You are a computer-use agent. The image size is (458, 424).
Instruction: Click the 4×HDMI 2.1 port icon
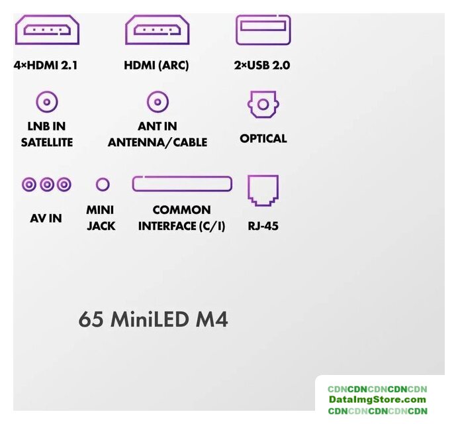coord(46,30)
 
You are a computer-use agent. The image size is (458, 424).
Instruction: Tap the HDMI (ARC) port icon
coord(157,30)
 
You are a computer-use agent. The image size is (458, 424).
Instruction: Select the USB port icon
coord(263,29)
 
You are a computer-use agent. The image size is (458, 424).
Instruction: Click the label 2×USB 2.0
coord(263,66)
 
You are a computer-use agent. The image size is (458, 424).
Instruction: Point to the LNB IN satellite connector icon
coord(46,102)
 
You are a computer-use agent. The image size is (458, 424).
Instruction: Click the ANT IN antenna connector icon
coord(158,102)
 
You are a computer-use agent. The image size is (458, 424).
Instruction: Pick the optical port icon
coord(263,105)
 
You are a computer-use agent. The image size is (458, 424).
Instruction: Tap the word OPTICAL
coord(263,138)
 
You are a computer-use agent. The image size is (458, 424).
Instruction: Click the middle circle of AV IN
coord(46,184)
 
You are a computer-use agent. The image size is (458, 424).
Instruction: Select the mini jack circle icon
coord(102,184)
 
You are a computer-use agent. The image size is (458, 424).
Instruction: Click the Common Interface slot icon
coord(182,184)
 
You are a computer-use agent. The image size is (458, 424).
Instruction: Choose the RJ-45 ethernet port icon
coord(263,191)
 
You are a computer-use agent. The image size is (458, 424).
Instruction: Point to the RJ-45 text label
coord(263,226)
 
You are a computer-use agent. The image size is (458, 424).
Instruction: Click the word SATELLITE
coord(46,142)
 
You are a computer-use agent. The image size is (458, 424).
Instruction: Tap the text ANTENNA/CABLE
coord(158,142)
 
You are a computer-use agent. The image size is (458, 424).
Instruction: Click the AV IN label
coord(46,217)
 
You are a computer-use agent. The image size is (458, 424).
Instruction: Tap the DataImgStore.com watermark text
coord(378,399)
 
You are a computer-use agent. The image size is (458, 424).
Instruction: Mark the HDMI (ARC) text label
coord(156,66)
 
